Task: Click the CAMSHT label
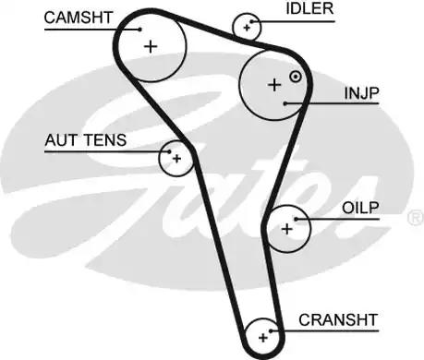(x=78, y=18)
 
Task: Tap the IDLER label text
(x=309, y=8)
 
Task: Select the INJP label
(x=361, y=93)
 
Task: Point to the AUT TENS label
(x=86, y=140)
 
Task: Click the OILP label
(x=360, y=208)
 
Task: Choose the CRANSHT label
(x=338, y=320)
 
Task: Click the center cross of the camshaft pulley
(x=151, y=47)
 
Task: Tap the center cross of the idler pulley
(x=247, y=28)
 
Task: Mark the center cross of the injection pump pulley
(x=274, y=85)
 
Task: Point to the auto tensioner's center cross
(x=176, y=159)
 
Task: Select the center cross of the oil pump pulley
(x=287, y=229)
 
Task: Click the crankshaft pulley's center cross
(x=263, y=338)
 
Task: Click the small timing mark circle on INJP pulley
(x=296, y=77)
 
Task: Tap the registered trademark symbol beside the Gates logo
(x=416, y=218)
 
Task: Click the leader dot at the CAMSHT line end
(x=140, y=30)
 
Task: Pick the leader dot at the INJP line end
(x=285, y=103)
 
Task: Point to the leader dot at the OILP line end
(x=296, y=219)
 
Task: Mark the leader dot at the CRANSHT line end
(x=271, y=331)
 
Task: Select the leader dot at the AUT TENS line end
(x=169, y=151)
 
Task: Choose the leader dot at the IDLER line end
(x=251, y=21)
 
